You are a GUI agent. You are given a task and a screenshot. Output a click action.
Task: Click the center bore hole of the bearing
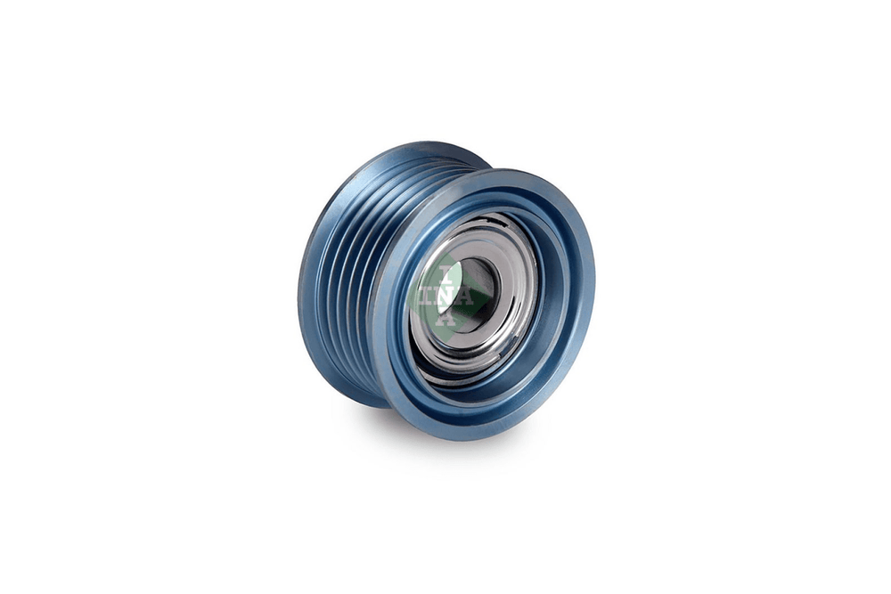point(473,296)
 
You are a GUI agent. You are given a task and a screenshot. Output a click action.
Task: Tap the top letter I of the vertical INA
point(448,274)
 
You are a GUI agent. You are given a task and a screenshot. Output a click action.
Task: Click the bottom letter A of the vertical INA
point(448,317)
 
